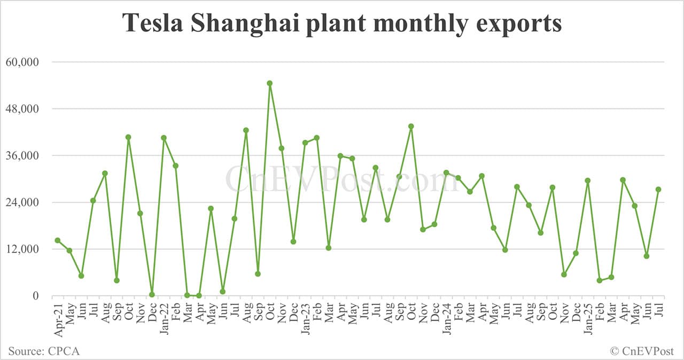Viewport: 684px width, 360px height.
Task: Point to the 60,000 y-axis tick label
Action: click(22, 62)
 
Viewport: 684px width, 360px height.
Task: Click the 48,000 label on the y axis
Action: click(22, 109)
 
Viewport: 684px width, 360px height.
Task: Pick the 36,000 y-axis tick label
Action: click(22, 155)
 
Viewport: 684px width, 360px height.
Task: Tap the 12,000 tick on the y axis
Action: click(22, 249)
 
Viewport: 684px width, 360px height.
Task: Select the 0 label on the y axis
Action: click(36, 296)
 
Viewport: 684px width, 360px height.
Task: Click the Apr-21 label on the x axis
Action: click(58, 318)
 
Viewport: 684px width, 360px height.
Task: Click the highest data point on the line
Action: click(270, 83)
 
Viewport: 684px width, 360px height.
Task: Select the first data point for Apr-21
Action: click(58, 240)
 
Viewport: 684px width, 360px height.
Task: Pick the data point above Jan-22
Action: click(164, 138)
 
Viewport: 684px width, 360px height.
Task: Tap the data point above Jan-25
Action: click(588, 181)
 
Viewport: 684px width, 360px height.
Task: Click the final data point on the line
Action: click(658, 190)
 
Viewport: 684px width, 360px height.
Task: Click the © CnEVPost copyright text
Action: click(642, 351)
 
